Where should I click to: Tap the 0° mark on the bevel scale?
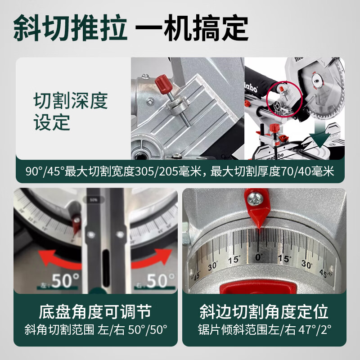(x=258, y=257)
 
